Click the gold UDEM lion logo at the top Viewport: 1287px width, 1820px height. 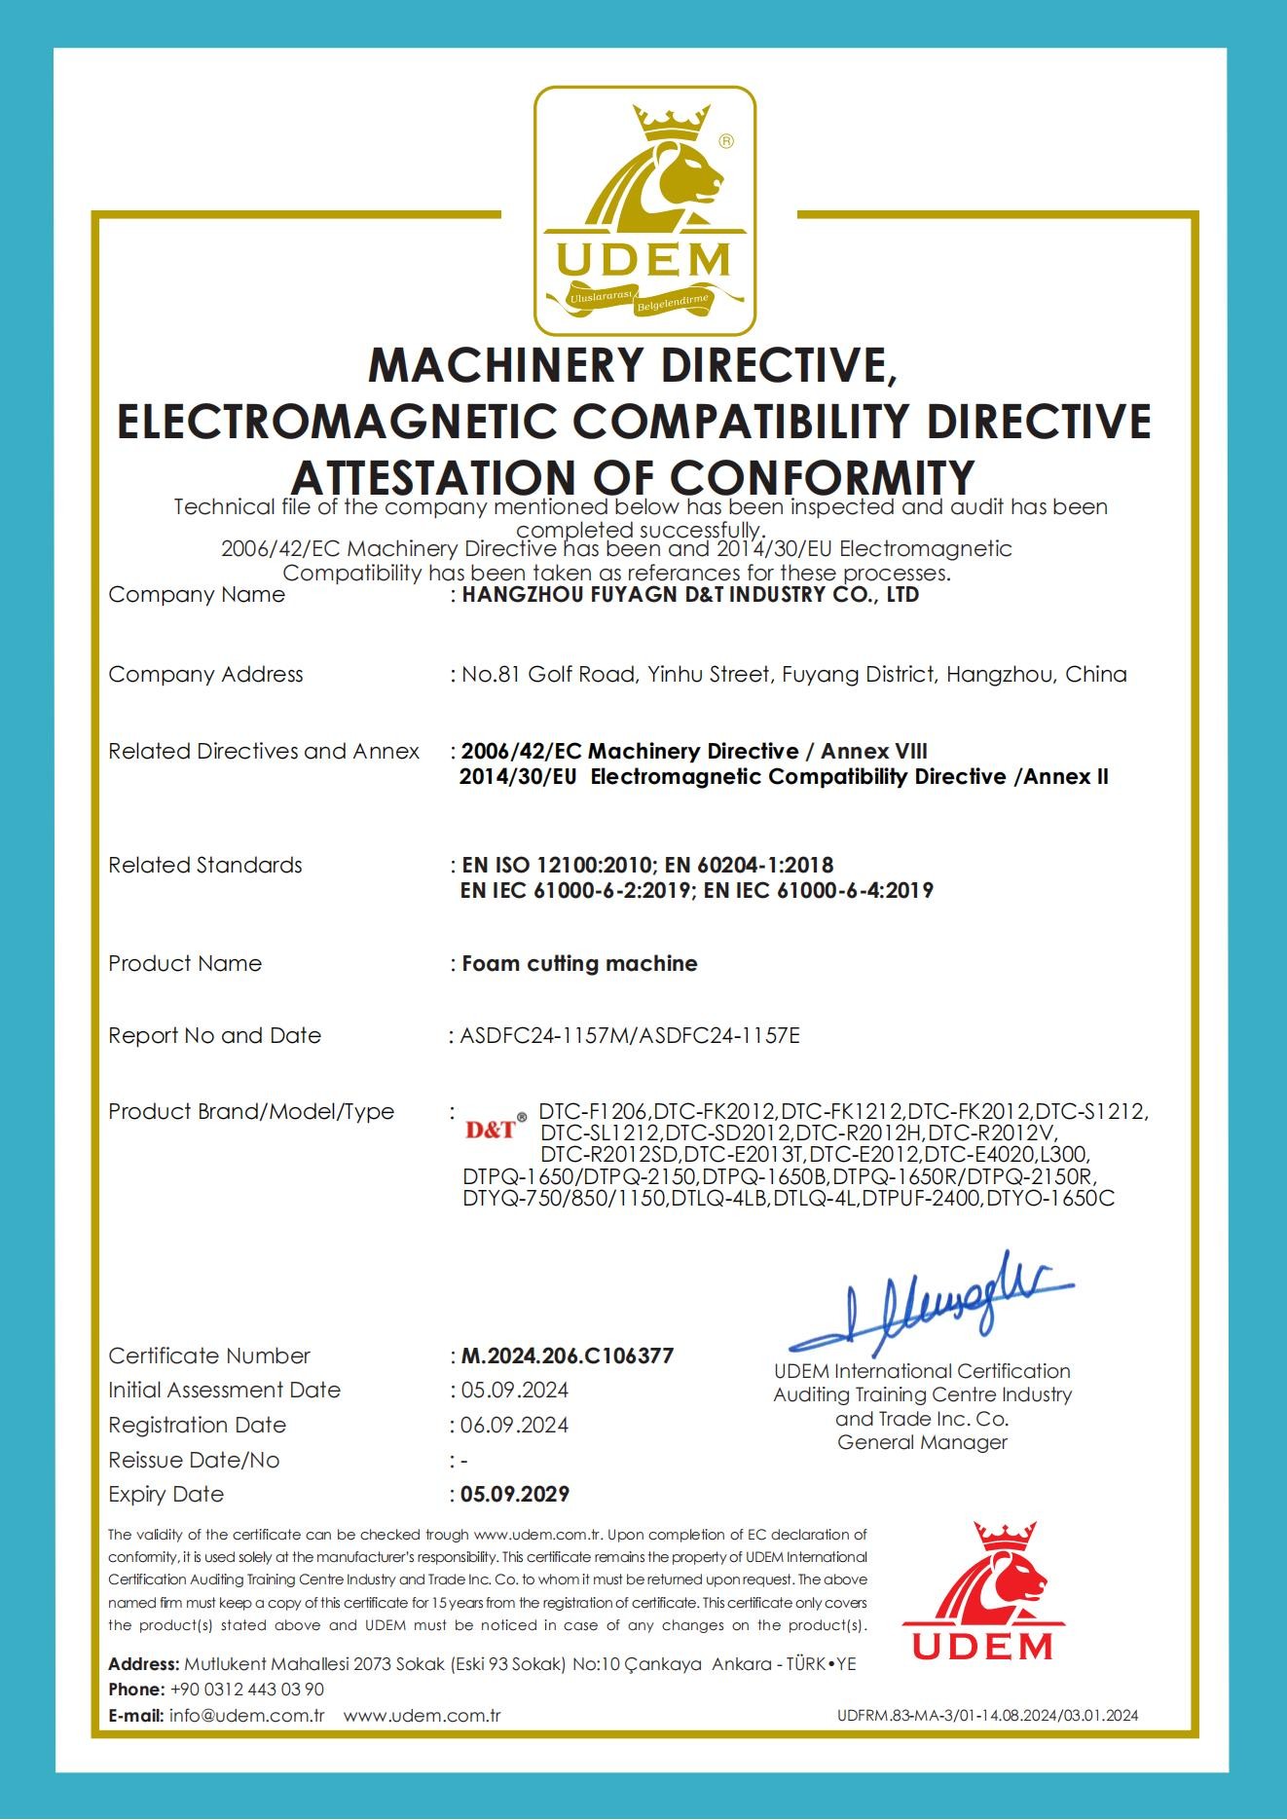coord(644,210)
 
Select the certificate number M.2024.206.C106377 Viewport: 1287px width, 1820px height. coord(568,1356)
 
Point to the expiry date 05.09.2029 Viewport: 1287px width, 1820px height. coord(515,1494)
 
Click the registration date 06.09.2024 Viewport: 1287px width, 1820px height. coord(515,1425)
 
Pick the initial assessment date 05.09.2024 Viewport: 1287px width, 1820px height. coord(515,1390)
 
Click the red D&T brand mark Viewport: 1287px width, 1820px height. coord(491,1130)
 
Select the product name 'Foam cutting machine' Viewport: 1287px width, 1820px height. coord(579,963)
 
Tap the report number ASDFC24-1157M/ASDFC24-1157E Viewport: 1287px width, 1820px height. coord(630,1035)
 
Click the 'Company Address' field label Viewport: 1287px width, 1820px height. coord(205,674)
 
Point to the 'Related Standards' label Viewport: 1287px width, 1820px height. coord(205,865)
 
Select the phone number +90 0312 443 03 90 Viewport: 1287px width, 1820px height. coord(247,1690)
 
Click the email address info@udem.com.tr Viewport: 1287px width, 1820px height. coord(246,1715)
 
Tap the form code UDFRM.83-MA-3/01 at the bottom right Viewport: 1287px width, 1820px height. coord(987,1716)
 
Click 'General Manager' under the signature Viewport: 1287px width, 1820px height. coord(922,1442)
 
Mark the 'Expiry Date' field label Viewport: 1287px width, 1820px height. coord(165,1494)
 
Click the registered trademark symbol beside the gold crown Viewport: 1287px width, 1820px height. coord(726,141)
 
